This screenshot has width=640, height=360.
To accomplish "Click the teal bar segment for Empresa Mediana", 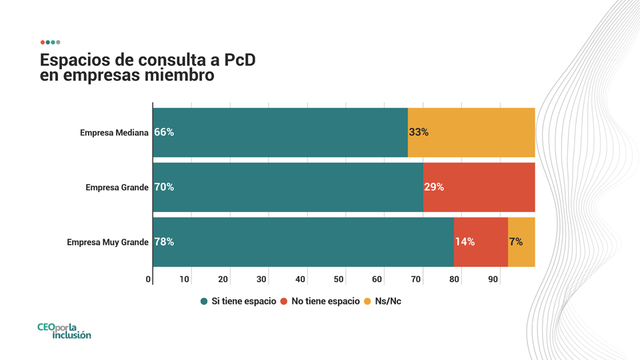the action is pyautogui.click(x=281, y=133).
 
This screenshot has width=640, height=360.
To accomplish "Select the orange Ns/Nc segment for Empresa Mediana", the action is pyautogui.click(x=471, y=133).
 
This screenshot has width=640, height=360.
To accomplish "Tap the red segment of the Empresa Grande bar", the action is pyautogui.click(x=479, y=187).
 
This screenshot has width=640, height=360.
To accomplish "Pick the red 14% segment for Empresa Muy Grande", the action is pyautogui.click(x=481, y=242).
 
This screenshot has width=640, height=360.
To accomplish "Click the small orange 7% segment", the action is pyautogui.click(x=521, y=242).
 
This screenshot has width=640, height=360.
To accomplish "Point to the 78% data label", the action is pyautogui.click(x=164, y=242).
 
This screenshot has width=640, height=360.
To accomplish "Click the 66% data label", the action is pyautogui.click(x=164, y=132).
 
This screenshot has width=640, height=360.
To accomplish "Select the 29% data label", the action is pyautogui.click(x=434, y=187).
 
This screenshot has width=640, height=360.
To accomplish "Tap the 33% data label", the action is pyautogui.click(x=419, y=132).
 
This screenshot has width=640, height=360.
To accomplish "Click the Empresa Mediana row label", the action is pyautogui.click(x=114, y=133).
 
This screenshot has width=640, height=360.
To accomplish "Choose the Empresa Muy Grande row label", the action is pyautogui.click(x=108, y=243).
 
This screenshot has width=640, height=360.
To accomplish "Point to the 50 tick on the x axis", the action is pyautogui.click(x=339, y=279).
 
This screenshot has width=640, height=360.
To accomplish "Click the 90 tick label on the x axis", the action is pyautogui.click(x=493, y=279).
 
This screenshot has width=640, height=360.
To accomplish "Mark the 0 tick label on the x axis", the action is pyautogui.click(x=148, y=279).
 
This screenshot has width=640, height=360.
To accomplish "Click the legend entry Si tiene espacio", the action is pyautogui.click(x=239, y=301).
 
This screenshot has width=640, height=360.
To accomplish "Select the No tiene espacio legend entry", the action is pyautogui.click(x=320, y=301).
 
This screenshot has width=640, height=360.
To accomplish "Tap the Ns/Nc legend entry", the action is pyautogui.click(x=383, y=301).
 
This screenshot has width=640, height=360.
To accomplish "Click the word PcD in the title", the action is pyautogui.click(x=240, y=60).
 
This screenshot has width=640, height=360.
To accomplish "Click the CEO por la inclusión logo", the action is pyautogui.click(x=64, y=331).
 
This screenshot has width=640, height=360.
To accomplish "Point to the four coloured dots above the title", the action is pyautogui.click(x=50, y=43).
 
